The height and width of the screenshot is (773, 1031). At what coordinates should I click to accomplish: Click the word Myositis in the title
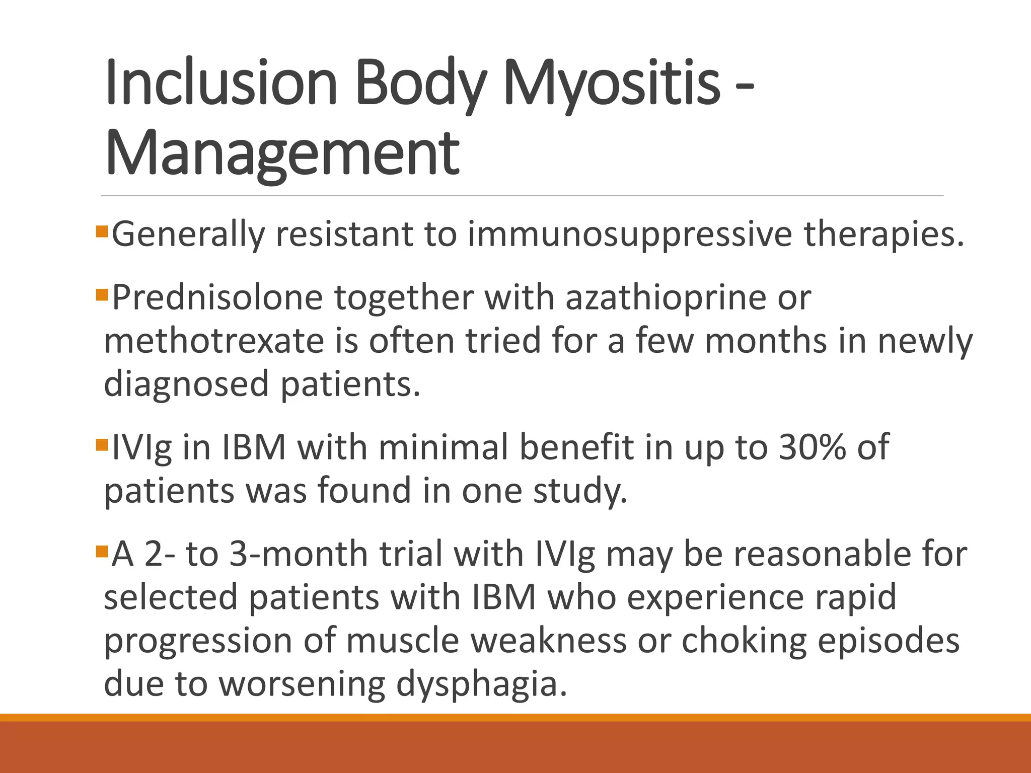pos(612,83)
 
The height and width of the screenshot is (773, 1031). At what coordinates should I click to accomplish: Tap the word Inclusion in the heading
pos(221,83)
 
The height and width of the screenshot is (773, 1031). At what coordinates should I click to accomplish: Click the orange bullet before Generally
pos(102,231)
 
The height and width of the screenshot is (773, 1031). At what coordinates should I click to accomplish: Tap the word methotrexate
pos(214,341)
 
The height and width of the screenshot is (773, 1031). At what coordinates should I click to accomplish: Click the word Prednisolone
pos(217,298)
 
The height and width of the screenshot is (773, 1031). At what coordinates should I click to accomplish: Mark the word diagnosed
pos(186,384)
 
